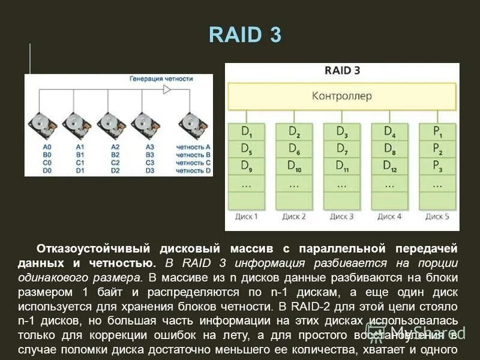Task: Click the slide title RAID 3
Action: pyautogui.click(x=245, y=35)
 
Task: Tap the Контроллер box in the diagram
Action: pyautogui.click(x=341, y=96)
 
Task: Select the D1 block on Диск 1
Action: pyautogui.click(x=246, y=131)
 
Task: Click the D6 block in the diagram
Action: pyautogui.click(x=294, y=148)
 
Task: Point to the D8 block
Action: pyautogui.click(x=389, y=148)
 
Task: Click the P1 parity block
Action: pyautogui.click(x=437, y=131)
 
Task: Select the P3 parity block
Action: pyautogui.click(x=437, y=166)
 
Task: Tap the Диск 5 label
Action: pyautogui.click(x=437, y=216)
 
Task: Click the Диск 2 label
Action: pyautogui.click(x=294, y=216)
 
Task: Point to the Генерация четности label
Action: pyautogui.click(x=161, y=79)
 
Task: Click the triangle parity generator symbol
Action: pyautogui.click(x=167, y=89)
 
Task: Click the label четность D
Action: pyautogui.click(x=193, y=170)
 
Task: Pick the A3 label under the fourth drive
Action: pyautogui.click(x=150, y=147)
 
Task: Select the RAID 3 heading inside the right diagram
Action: pyautogui.click(x=342, y=70)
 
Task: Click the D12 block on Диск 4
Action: pyautogui.click(x=389, y=166)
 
